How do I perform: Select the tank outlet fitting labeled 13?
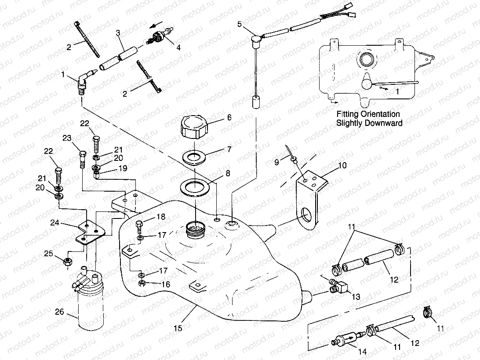pos(339,286)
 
